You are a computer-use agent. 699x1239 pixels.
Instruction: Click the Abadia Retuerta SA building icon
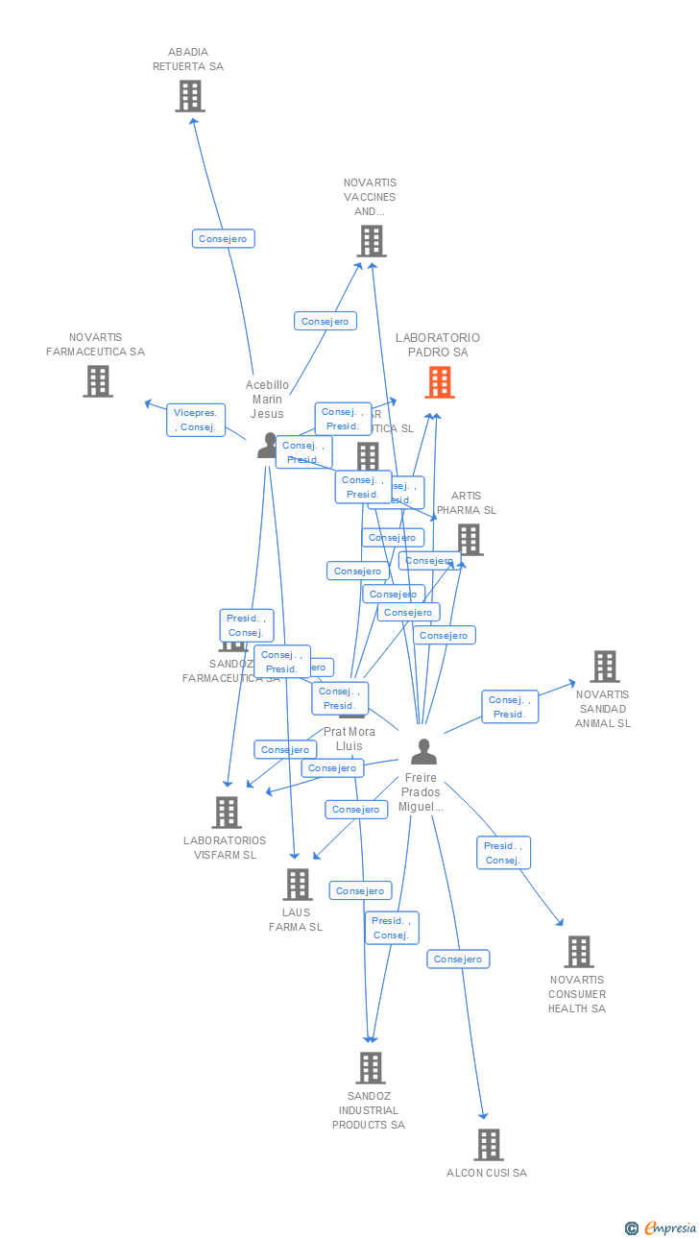pos(190,96)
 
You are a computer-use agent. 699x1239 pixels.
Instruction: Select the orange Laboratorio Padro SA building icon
pos(440,382)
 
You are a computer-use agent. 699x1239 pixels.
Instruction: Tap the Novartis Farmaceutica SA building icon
pos(97,381)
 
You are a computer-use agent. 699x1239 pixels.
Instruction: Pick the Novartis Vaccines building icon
pos(372,241)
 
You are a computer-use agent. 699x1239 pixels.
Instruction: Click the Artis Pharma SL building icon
pos(470,539)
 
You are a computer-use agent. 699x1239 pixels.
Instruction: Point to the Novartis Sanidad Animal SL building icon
pos(605,667)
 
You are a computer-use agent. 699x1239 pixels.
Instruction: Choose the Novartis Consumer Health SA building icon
pos(579,952)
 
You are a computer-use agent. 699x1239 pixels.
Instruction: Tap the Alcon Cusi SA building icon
pos(489,1144)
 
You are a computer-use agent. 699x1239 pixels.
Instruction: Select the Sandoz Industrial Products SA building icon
pos(371,1067)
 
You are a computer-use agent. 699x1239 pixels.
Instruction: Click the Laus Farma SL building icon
pos(298,885)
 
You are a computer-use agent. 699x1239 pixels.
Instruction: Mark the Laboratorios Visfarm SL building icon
pos(227,813)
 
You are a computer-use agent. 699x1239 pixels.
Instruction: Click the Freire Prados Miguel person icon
pos(423,751)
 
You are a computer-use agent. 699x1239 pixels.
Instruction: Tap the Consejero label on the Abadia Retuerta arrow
pos(223,239)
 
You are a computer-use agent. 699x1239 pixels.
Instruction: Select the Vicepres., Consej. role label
pos(195,420)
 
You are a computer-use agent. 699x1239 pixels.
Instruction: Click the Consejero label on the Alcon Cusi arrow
pos(458,959)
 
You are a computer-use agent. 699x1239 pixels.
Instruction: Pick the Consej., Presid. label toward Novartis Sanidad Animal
pos(510,707)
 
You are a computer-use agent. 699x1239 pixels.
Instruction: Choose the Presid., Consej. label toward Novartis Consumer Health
pos(503,853)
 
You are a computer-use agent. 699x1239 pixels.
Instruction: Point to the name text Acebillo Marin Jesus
pos(267,400)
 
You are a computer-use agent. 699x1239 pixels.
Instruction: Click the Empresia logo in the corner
pos(662,1227)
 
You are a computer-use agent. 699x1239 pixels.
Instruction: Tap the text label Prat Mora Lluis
pos(349,739)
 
